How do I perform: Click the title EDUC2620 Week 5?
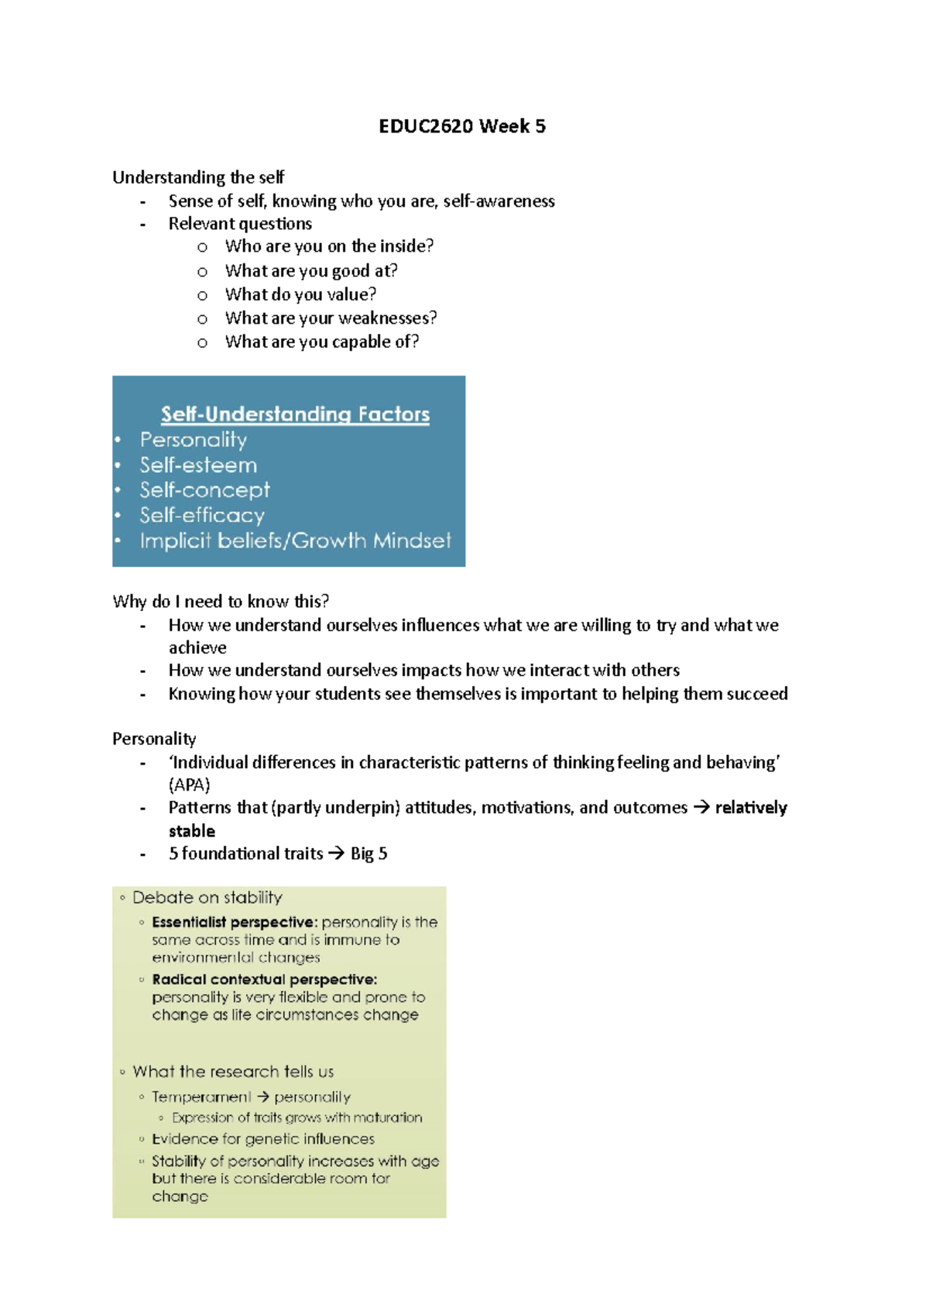pos(461,126)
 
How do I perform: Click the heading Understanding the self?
pos(198,177)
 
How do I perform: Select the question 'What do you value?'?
pos(300,294)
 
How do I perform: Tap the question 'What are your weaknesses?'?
pos(331,318)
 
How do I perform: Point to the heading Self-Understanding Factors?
pos(295,414)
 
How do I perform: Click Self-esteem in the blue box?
pos(198,465)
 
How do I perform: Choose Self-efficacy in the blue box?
pos(202,516)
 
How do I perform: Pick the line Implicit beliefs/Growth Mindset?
pos(295,541)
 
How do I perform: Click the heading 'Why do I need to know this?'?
pos(221,602)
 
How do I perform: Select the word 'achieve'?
pos(197,648)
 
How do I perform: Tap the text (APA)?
pos(189,785)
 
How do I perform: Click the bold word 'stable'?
pos(192,831)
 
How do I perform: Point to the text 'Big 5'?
pos(369,853)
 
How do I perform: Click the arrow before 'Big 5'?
pos(336,853)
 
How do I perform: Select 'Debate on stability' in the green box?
pos(207,898)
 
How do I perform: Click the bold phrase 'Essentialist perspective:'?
pos(235,922)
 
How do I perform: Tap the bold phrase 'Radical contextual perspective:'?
pos(264,980)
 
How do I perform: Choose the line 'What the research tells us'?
pos(233,1072)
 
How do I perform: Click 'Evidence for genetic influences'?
pos(263,1139)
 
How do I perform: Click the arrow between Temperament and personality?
pos(263,1097)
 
